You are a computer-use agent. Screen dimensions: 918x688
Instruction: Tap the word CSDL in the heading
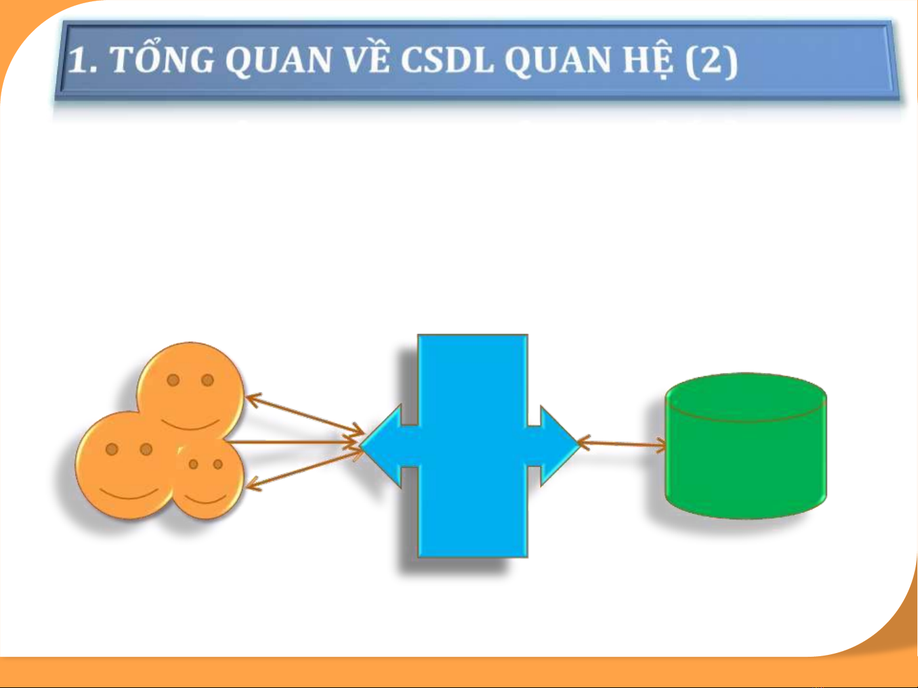pos(447,59)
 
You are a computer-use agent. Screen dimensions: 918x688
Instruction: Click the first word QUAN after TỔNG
pos(278,60)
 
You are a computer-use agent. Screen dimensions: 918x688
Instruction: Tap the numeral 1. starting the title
pos(83,59)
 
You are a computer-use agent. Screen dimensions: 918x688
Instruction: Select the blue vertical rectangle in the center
pos(473,446)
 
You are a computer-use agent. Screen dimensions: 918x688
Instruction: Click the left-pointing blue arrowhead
pos(382,446)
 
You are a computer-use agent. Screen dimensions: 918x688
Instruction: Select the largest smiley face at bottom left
pos(126,466)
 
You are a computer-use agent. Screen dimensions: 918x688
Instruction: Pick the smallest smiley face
pos(208,479)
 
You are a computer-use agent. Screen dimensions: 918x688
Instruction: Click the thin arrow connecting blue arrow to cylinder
pos(622,444)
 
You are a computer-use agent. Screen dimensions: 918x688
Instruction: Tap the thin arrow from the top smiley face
pos(305,414)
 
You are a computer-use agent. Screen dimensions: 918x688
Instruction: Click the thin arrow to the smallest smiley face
pos(305,468)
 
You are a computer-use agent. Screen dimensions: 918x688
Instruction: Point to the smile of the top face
pos(190,425)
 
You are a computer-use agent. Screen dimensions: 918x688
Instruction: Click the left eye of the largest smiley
pos(111,449)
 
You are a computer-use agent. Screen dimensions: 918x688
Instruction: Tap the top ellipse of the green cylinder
pos(746,397)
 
